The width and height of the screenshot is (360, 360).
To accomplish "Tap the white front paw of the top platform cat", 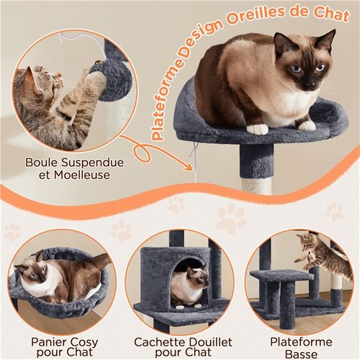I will [257, 129].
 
